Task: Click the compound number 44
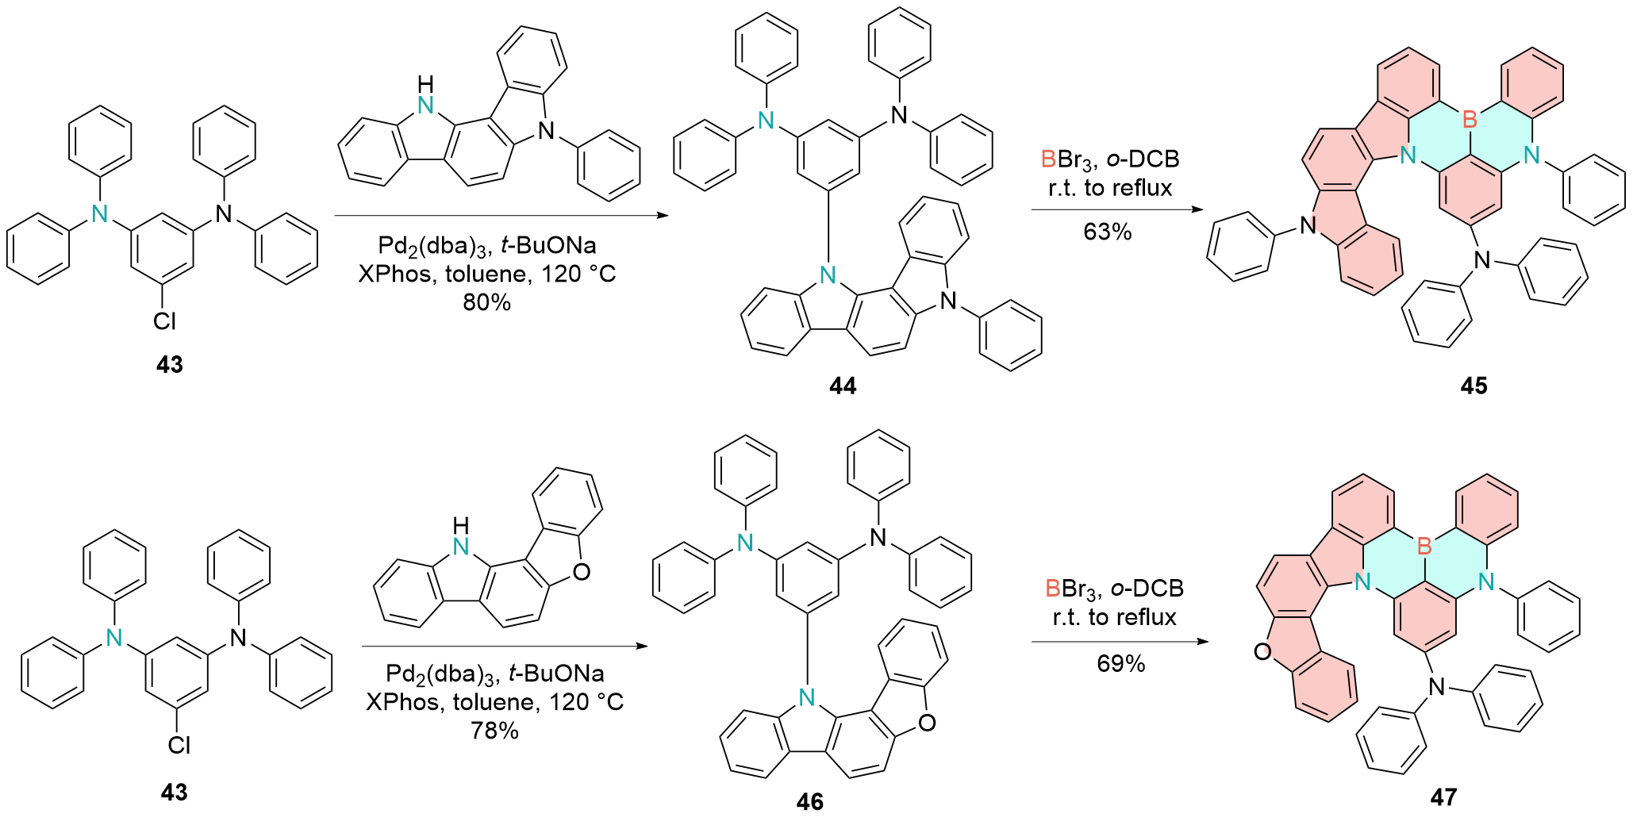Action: pyautogui.click(x=842, y=386)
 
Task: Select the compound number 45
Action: pyautogui.click(x=1474, y=386)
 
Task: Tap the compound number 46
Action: pyautogui.click(x=809, y=802)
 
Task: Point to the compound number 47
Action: pyautogui.click(x=1443, y=796)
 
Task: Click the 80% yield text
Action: pyautogui.click(x=486, y=302)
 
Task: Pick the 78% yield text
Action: pyautogui.click(x=494, y=731)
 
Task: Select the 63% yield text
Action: pyautogui.click(x=1107, y=232)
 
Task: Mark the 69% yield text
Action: pyautogui.click(x=1120, y=663)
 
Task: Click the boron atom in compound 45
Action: pyautogui.click(x=1469, y=120)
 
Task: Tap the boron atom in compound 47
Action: pyautogui.click(x=1424, y=546)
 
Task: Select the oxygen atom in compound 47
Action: pyautogui.click(x=1262, y=652)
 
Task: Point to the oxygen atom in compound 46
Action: pyautogui.click(x=926, y=723)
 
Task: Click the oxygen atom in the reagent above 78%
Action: pyautogui.click(x=581, y=571)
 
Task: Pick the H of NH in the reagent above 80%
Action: pyautogui.click(x=426, y=84)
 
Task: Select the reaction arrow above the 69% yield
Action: pyautogui.click(x=1119, y=641)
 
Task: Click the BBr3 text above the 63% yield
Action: pyautogui.click(x=1070, y=159)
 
